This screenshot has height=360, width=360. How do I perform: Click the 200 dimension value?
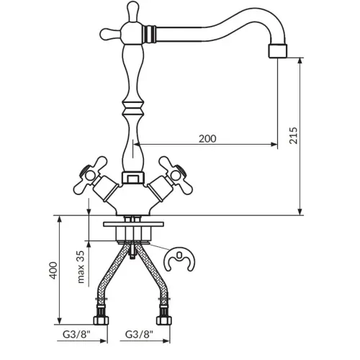tap(207, 138)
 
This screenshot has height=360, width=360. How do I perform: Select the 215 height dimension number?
tap(293, 135)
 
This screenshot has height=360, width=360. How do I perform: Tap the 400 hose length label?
tap(53, 270)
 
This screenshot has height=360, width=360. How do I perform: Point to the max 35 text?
tap(81, 267)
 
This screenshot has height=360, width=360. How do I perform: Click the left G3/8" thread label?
tap(77, 334)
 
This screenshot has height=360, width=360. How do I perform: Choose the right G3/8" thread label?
tap(139, 334)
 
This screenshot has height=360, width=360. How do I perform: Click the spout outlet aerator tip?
tap(278, 51)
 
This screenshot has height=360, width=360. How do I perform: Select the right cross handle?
tap(176, 176)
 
